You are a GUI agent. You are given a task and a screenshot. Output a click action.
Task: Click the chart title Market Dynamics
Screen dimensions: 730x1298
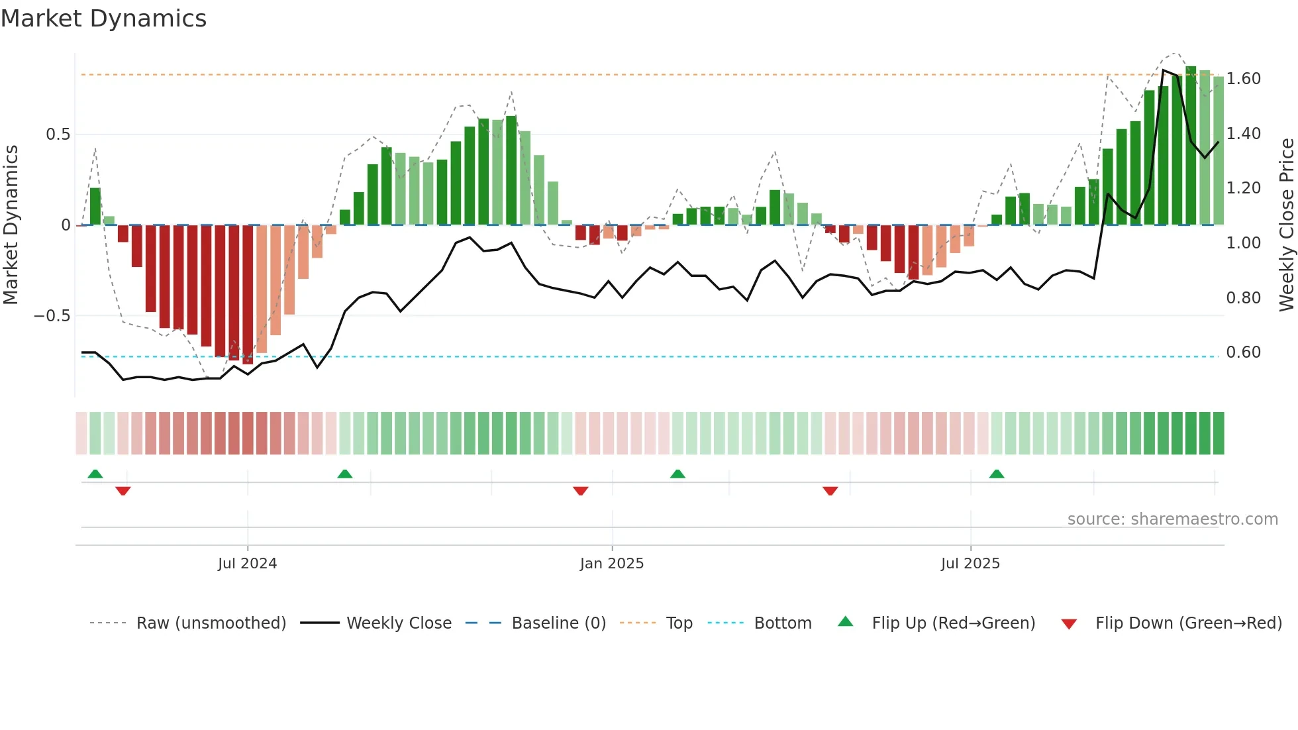coord(103,19)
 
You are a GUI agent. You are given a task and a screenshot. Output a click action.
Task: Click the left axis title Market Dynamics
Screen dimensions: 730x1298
coord(11,225)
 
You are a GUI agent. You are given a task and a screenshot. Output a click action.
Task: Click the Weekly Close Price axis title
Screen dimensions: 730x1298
coord(1286,225)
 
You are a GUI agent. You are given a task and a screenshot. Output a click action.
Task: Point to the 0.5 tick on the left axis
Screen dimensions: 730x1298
coord(58,134)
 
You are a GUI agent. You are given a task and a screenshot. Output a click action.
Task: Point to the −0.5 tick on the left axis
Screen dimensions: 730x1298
coord(52,316)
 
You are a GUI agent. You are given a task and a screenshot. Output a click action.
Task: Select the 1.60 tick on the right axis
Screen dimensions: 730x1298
coord(1243,79)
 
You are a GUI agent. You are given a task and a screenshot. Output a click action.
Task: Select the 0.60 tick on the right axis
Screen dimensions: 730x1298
coord(1243,352)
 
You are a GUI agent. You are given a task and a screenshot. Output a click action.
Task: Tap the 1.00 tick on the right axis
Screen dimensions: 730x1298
coord(1243,243)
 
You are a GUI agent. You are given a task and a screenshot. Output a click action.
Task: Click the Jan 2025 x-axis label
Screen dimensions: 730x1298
coord(611,564)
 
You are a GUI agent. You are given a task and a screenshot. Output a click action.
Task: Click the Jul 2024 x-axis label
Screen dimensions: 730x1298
coord(247,564)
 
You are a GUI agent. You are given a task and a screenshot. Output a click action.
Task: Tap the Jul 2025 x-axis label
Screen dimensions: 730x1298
coord(970,564)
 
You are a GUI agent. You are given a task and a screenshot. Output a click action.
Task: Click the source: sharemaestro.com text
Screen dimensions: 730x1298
coord(1172,519)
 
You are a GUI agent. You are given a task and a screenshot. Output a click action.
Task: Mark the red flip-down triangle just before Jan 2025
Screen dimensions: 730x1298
coord(581,491)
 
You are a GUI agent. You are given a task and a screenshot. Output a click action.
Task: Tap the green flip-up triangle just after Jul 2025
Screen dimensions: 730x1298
coord(997,474)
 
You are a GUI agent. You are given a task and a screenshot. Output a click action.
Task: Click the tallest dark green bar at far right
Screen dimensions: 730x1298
coord(1191,146)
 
